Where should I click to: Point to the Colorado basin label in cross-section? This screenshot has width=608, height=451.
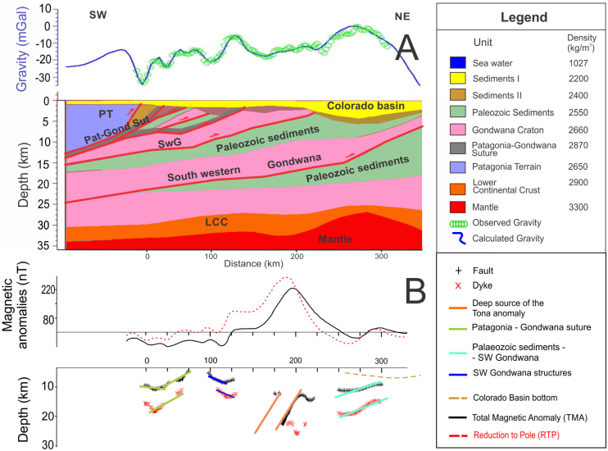(362, 107)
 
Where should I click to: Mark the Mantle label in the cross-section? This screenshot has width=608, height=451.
(340, 239)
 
